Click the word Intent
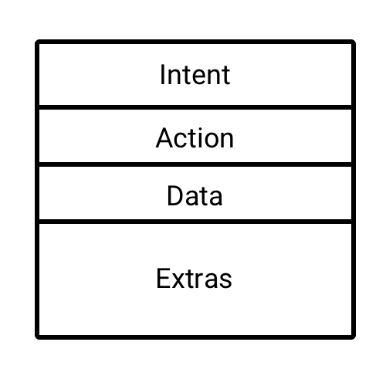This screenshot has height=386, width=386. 195,75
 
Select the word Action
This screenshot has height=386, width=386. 195,138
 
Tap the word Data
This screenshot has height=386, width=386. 195,195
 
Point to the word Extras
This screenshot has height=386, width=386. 195,278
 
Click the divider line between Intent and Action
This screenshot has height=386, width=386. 195,107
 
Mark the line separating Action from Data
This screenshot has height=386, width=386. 195,164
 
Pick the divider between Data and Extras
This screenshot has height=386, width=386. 195,222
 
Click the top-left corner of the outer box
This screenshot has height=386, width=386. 37,42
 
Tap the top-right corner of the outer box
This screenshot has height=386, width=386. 354,42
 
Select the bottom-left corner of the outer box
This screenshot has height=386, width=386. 37,337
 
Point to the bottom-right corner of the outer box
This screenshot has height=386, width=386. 354,337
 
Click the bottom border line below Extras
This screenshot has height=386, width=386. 195,337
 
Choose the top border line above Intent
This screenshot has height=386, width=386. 195,42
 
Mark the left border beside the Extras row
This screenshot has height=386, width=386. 37,279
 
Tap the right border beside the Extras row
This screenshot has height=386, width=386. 354,279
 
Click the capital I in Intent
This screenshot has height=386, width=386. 162,74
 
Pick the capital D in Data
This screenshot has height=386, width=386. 175,195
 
